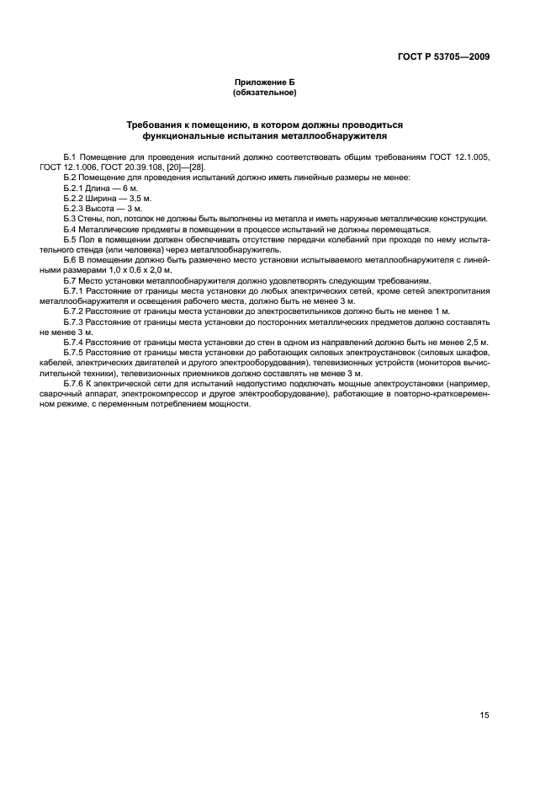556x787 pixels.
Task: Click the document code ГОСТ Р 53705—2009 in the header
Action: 443,57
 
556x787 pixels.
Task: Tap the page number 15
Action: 485,715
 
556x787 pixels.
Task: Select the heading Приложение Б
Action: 264,82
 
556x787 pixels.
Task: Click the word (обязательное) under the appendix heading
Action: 264,93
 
